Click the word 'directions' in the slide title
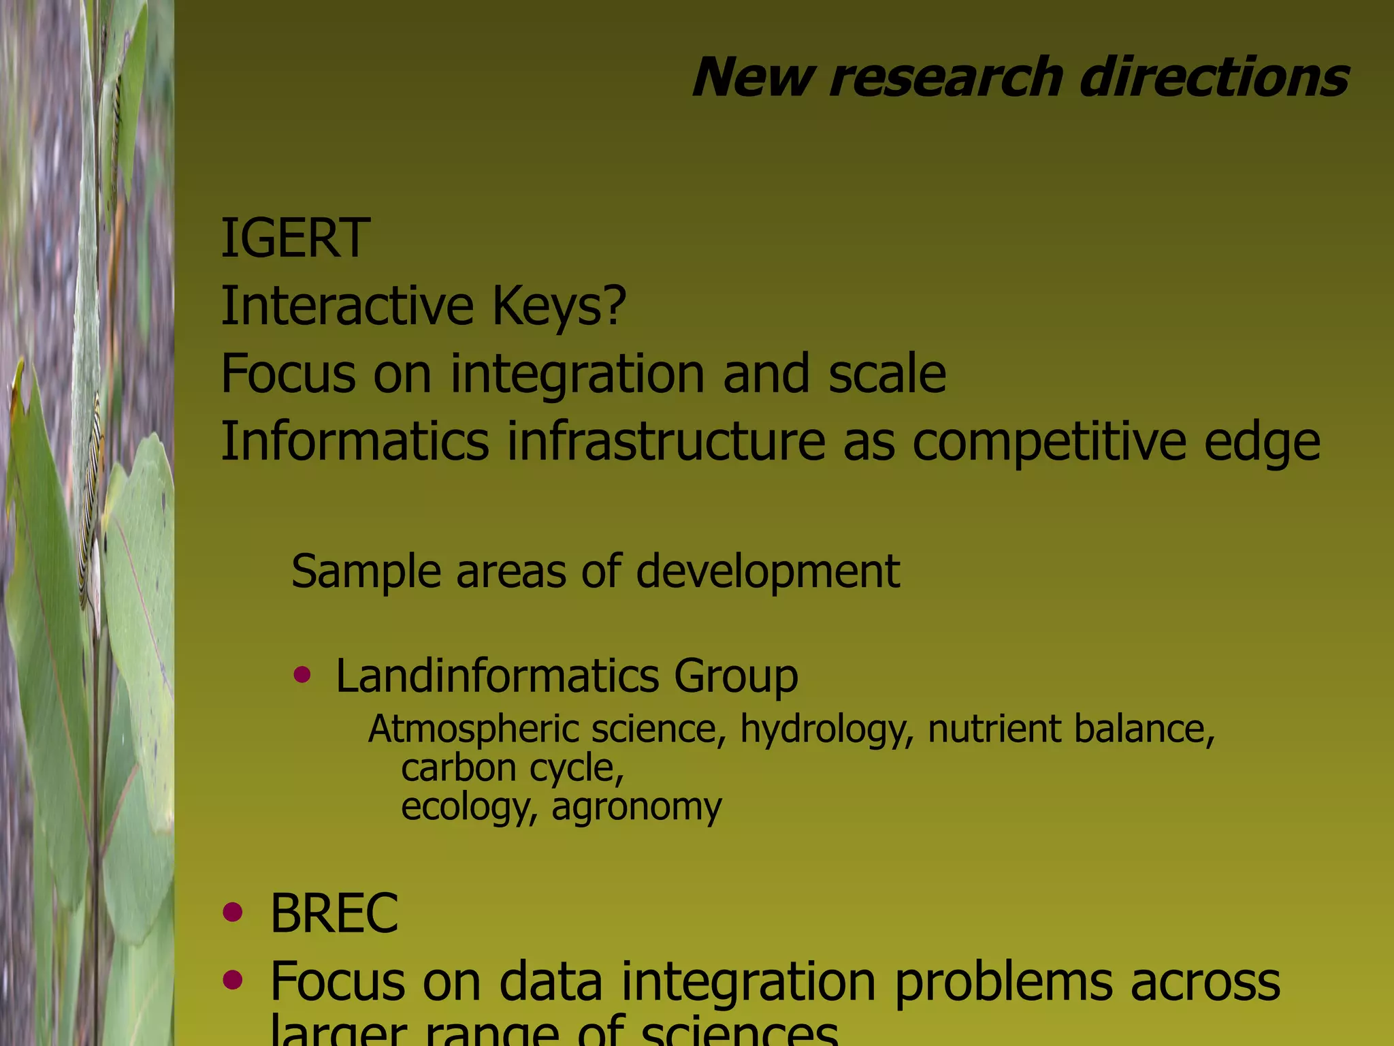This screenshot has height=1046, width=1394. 1214,78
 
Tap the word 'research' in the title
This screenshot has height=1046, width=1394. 946,78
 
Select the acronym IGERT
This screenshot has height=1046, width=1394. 295,238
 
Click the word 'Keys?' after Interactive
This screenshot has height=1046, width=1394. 558,306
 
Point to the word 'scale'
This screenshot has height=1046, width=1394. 887,373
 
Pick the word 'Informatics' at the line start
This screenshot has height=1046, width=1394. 355,441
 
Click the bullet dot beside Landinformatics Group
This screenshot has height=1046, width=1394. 302,675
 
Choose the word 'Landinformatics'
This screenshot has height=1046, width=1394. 497,676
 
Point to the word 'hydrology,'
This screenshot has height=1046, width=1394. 826,729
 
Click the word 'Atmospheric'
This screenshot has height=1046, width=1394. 474,729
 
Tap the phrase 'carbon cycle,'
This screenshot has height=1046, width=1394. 513,769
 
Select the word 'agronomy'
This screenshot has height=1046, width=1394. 636,808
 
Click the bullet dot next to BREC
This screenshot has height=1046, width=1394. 233,912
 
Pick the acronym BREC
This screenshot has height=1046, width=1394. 334,913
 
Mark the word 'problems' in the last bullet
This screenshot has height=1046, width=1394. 1004,983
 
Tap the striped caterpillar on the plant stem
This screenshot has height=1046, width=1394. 91,497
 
